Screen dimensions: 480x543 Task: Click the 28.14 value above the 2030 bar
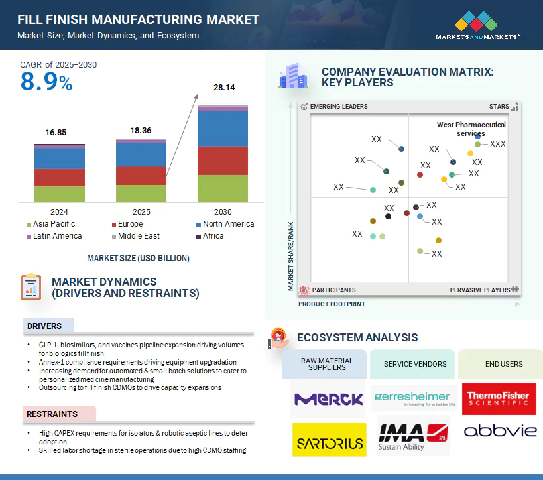[223, 88]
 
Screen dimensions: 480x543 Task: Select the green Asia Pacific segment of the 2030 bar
[223, 188]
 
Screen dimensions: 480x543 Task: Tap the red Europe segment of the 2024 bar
[60, 178]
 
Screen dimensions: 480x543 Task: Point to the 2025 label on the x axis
[141, 212]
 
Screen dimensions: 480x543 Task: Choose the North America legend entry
[228, 224]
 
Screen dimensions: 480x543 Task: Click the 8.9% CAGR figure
[46, 82]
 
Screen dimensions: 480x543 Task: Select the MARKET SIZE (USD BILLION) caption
[138, 258]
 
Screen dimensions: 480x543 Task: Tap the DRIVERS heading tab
[44, 326]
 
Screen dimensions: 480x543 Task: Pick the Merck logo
[328, 399]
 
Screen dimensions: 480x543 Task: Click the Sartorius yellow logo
[328, 440]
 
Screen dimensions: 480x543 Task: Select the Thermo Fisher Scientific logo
[499, 399]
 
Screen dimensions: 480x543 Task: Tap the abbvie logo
[500, 432]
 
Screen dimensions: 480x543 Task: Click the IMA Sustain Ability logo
[413, 436]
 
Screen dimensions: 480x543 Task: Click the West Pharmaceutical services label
[471, 129]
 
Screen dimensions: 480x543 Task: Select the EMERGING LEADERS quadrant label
[338, 107]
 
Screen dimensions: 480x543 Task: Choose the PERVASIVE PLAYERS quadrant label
[479, 290]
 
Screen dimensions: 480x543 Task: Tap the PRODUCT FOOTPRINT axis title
[332, 304]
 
